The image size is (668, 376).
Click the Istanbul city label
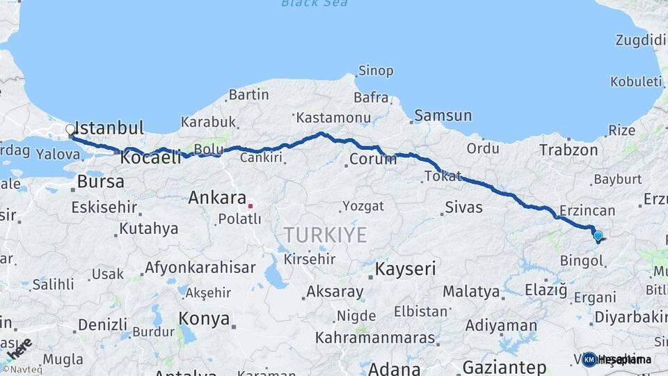point(109,127)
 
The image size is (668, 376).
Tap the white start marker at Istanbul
point(70,130)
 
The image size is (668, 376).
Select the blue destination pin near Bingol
point(598,236)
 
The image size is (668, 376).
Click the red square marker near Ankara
point(250,205)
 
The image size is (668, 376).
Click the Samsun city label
point(443,116)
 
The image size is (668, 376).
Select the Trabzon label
point(568,150)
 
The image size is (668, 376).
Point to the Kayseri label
point(405,269)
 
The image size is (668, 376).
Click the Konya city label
point(204,319)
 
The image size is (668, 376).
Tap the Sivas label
point(463,207)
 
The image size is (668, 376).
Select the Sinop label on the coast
point(375,71)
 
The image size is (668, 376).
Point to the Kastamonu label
point(333,118)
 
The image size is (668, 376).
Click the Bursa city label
point(101,182)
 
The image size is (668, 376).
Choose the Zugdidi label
point(640,40)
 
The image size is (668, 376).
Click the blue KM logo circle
point(589,359)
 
